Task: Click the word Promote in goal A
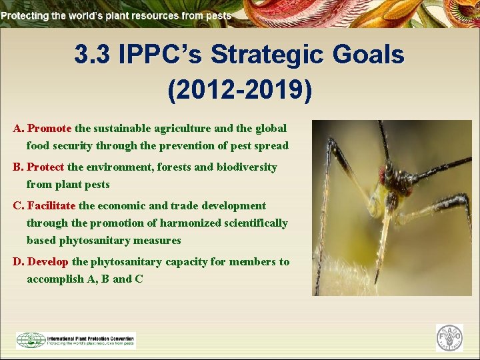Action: pos(49,128)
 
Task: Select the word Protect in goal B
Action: pos(45,167)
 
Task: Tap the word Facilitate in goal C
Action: pos(52,205)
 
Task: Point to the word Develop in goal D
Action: pos(47,261)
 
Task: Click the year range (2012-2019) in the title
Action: pos(239,91)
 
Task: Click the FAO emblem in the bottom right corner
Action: pos(449,338)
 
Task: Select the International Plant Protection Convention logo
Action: pos(76,340)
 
